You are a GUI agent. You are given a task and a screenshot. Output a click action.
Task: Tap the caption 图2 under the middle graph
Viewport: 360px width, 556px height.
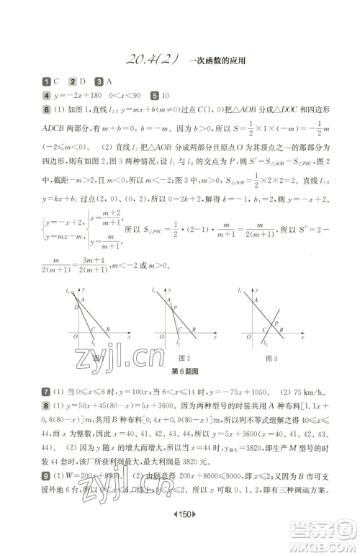(184, 358)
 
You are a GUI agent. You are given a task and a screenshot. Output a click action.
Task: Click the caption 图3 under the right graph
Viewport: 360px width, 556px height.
(271, 358)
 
